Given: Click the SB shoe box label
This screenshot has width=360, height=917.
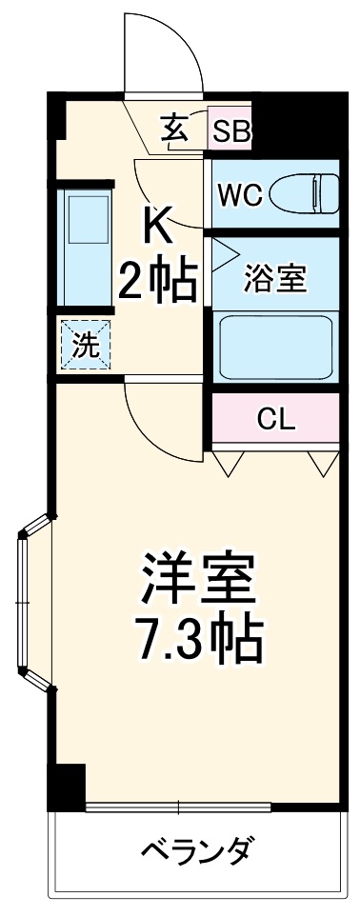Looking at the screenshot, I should [230, 131].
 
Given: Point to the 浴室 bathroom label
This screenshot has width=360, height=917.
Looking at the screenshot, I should [275, 279].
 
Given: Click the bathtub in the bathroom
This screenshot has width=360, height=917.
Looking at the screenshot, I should [275, 349].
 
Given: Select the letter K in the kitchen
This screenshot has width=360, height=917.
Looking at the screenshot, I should [158, 226].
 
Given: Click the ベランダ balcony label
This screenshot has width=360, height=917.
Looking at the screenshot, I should [198, 847].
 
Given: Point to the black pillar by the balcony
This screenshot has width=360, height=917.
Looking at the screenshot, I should [67, 787].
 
